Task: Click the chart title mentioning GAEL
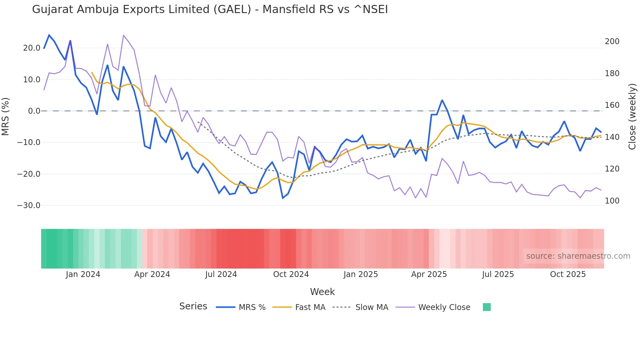pos(210,9)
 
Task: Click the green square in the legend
pos(487,307)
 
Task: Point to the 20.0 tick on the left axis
pos(32,48)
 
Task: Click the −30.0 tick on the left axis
pos(29,205)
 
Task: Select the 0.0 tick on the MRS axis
pos(34,111)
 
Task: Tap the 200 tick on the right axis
pos(612,41)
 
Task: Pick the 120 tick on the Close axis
pos(612,169)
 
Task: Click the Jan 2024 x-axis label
pos(83,274)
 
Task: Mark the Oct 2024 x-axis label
pos(291,274)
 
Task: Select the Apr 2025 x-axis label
pos(429,274)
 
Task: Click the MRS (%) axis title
pos(6,116)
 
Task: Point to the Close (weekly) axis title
pos(632,116)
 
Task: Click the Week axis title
pos(322,292)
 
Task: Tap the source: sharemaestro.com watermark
pos(578,256)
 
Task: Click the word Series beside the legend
pos(193,306)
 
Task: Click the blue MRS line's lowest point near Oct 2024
pos(283,198)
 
